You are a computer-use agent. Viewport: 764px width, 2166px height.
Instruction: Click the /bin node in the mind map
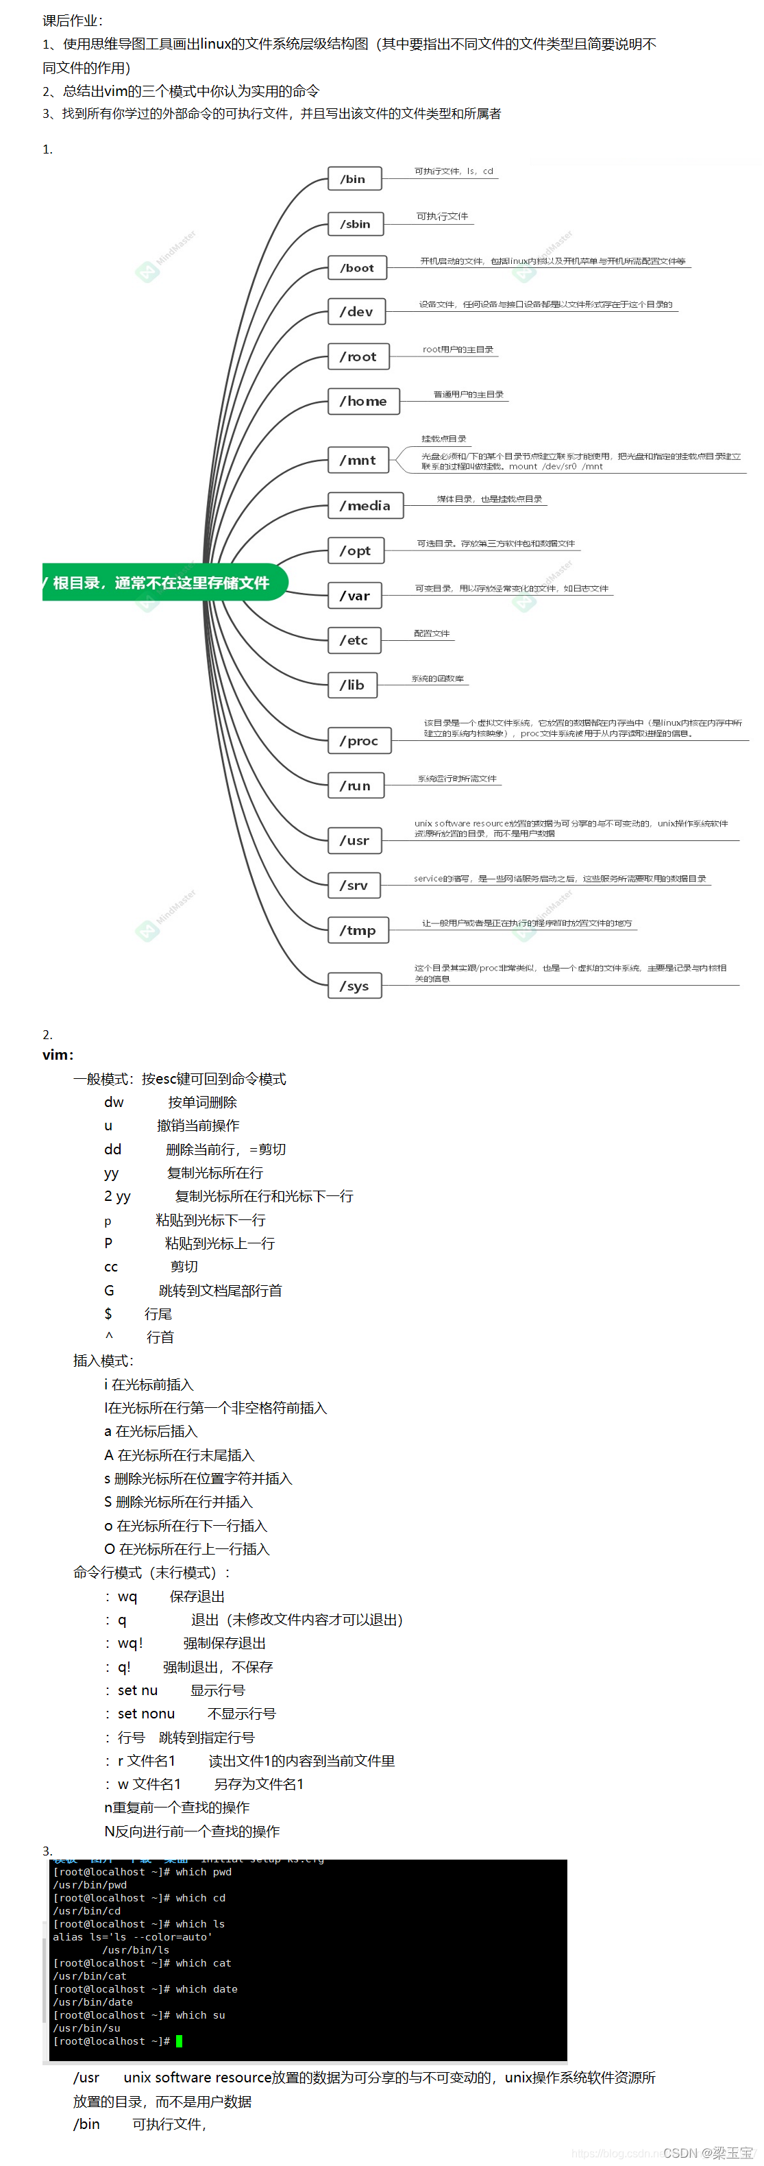354,179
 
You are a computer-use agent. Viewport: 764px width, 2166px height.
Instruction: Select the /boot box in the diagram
357,268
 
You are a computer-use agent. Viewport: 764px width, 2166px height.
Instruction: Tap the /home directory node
363,402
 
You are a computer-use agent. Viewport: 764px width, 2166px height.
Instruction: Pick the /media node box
365,505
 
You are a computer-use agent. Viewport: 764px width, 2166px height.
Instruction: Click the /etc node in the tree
354,641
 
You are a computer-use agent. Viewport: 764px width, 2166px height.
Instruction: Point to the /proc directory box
359,741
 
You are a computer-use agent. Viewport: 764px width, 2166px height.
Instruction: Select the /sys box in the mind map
354,986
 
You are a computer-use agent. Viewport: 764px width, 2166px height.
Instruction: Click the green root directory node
163,583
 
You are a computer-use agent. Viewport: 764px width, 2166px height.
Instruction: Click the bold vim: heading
58,1054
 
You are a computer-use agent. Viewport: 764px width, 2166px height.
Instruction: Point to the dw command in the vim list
114,1102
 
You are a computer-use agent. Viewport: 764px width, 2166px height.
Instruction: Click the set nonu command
145,1714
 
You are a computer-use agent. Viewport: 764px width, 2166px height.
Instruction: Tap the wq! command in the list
130,1643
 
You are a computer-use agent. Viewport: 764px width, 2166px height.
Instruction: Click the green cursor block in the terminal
179,2041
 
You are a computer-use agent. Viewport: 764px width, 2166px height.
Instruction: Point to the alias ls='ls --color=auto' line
132,1936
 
